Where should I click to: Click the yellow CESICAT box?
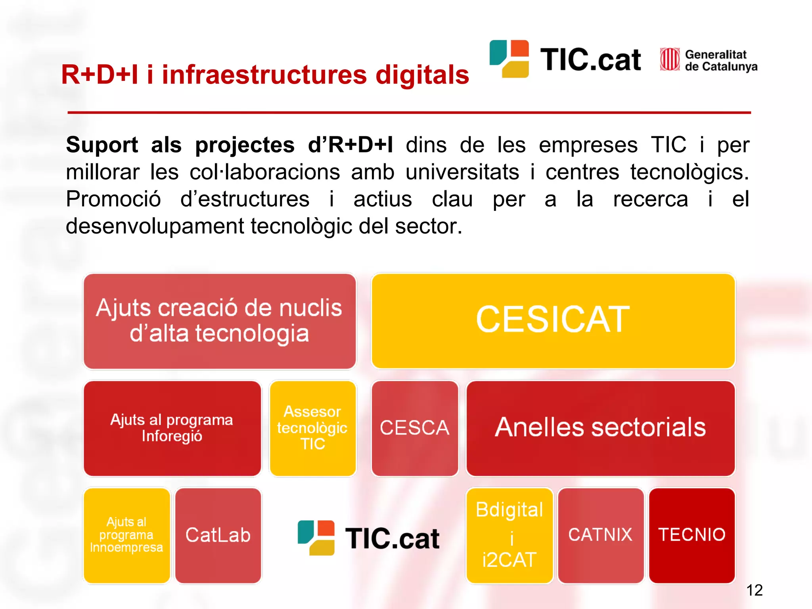pos(553,320)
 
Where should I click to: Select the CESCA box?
pos(415,428)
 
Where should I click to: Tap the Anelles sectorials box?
pos(600,428)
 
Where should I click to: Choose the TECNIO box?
pos(692,535)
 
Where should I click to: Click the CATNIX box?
pos(600,535)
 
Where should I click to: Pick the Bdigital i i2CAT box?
pos(509,535)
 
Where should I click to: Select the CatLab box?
pos(218,535)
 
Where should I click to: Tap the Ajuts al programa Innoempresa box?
pos(126,535)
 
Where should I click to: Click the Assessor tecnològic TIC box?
pos(312,428)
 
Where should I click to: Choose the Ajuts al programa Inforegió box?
pos(172,428)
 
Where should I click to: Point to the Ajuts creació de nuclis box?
pos(219,320)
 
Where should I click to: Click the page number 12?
pos(754,590)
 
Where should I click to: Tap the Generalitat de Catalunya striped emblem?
pos(670,59)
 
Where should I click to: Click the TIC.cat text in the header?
pos(590,60)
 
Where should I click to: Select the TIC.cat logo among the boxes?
pos(369,538)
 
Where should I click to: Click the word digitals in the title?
pos(422,75)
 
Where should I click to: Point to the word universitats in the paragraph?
pos(462,172)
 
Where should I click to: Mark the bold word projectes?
pos(245,145)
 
